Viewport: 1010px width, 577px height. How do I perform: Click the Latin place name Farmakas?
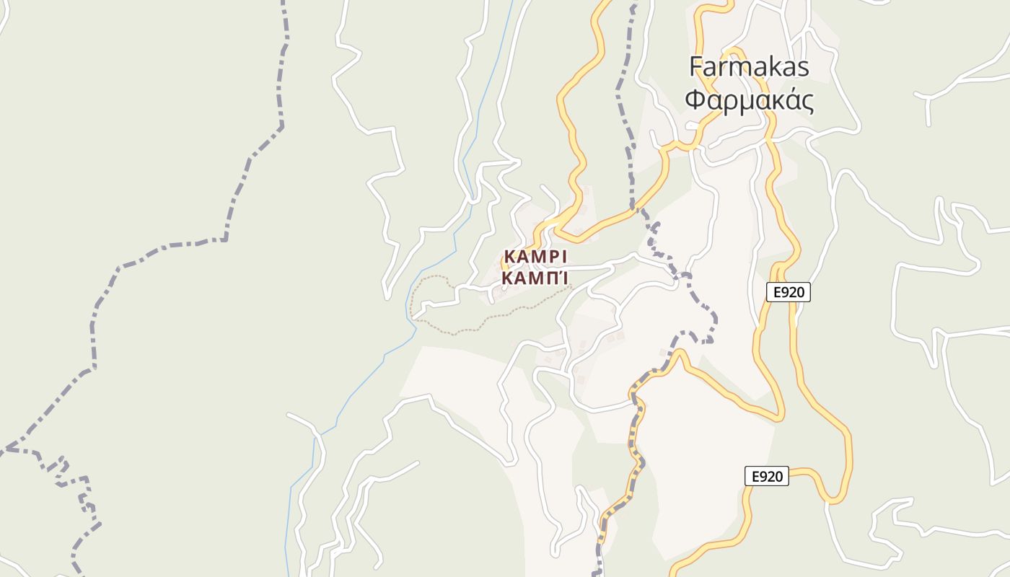tap(749, 67)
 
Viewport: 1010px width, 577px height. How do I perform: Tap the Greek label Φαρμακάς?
tap(749, 100)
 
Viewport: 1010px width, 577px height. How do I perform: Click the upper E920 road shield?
tap(788, 292)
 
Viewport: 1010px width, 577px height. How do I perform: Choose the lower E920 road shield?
tap(766, 476)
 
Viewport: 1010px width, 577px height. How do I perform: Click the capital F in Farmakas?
tap(697, 67)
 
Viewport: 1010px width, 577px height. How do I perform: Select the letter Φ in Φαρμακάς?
tap(694, 100)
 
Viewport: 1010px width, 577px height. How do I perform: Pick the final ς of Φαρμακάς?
tap(808, 102)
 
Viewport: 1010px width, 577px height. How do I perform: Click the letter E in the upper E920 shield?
tap(776, 292)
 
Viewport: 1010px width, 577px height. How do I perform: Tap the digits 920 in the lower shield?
tap(771, 476)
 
